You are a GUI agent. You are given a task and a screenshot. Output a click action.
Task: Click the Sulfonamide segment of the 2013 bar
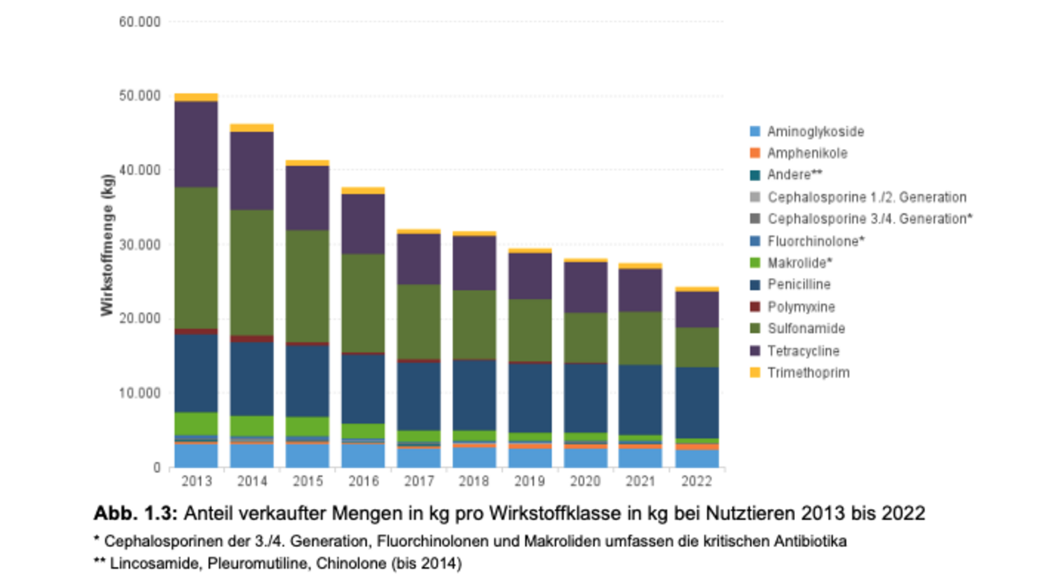coord(196,257)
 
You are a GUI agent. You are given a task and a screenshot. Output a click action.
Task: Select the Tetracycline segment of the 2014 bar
coord(251,171)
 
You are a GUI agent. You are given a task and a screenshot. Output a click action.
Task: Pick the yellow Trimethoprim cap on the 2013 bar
coord(196,97)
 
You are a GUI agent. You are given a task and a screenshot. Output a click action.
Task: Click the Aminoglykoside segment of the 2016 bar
coord(363,455)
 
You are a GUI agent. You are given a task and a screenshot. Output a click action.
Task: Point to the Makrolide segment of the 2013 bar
coord(196,423)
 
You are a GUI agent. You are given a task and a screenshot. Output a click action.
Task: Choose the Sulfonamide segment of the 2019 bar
coord(530,330)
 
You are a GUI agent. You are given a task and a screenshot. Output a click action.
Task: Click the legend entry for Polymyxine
coord(800,307)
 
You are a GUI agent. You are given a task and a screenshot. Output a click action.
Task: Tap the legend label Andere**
coord(794,175)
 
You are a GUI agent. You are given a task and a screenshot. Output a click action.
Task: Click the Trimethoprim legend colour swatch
coord(755,373)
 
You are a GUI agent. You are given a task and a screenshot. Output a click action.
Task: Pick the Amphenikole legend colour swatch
coord(755,154)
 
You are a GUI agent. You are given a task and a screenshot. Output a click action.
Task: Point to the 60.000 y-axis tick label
coord(140,22)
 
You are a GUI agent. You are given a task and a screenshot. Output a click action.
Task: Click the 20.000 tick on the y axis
coord(140,319)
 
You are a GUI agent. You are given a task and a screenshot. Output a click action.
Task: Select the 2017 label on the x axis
coord(419,481)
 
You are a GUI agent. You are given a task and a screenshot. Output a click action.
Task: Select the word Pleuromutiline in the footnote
coord(224,564)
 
